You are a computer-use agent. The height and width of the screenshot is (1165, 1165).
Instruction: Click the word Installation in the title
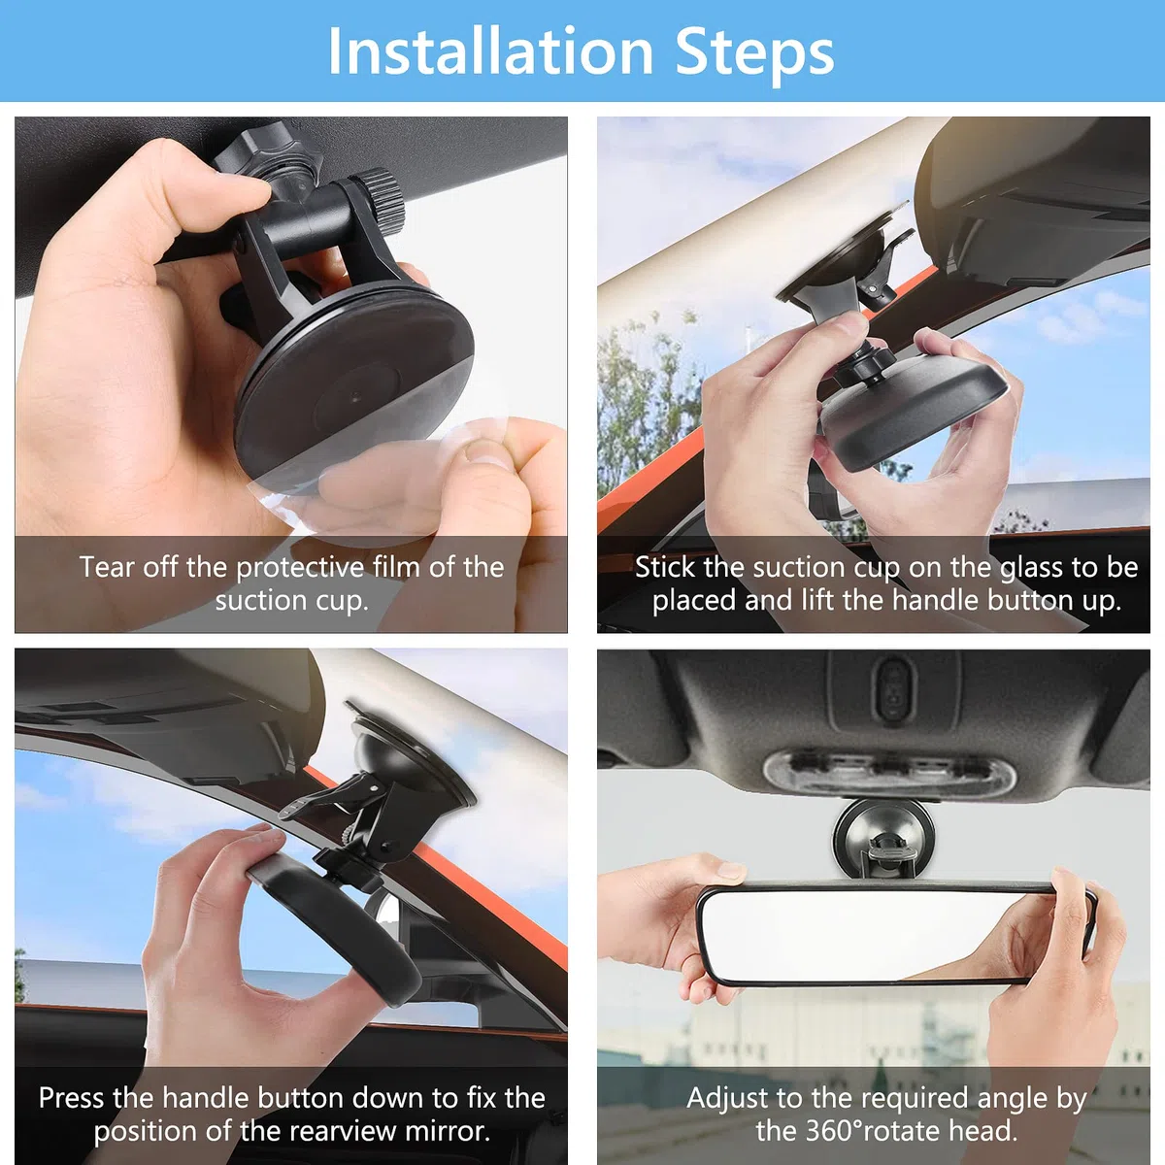(490, 51)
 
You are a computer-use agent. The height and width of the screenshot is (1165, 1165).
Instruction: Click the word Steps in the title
(754, 54)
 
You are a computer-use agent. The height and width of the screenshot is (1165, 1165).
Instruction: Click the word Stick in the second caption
(664, 567)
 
